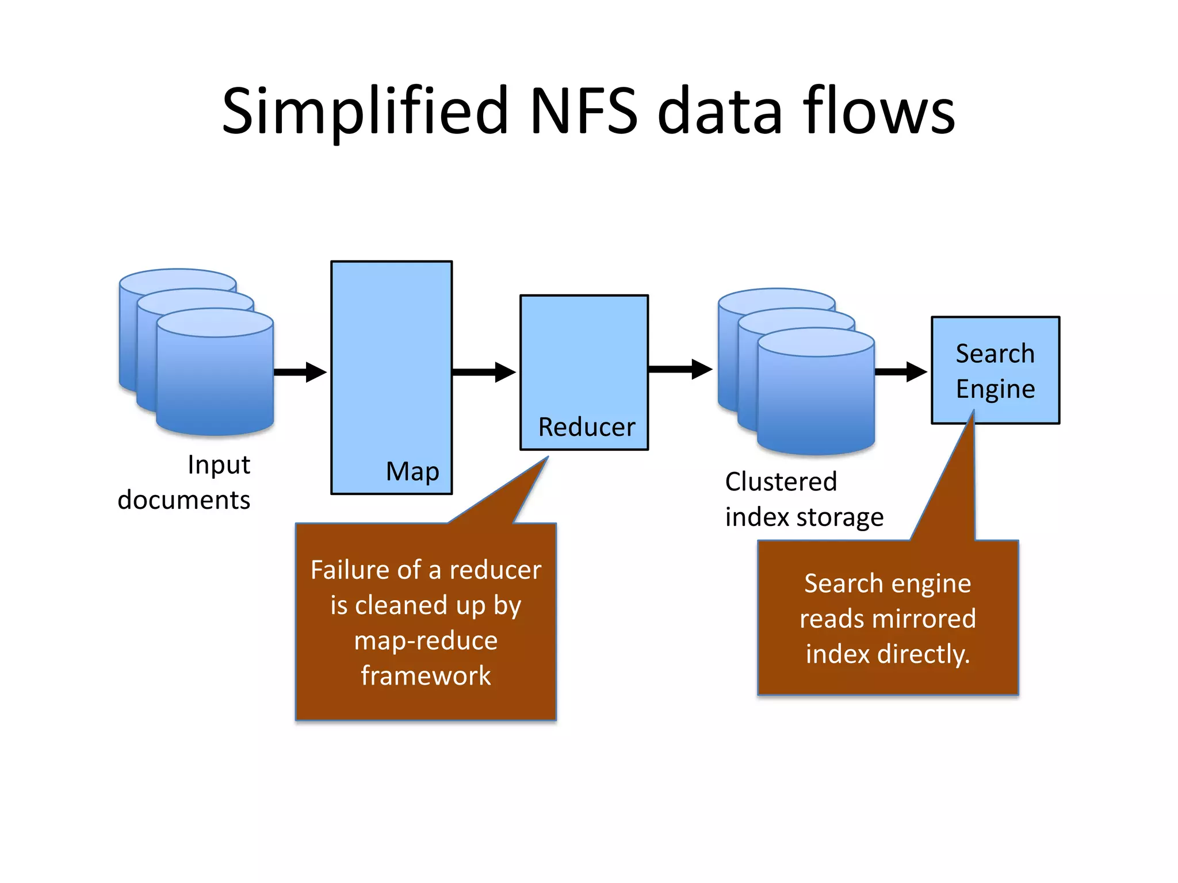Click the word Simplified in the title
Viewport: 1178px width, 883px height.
pos(365,111)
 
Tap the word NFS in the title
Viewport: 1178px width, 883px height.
pos(583,111)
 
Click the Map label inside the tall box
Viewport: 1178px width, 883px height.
pos(412,471)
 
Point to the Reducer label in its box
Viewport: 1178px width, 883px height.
pos(586,427)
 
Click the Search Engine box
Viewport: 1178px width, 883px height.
pos(995,371)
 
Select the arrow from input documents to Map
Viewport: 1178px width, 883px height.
pos(300,372)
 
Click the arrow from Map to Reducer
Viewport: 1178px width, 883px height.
pos(483,372)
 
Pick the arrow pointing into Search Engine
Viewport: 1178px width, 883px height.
pos(900,372)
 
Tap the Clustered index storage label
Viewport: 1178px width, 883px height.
pos(803,499)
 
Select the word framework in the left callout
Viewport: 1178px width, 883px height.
pos(426,675)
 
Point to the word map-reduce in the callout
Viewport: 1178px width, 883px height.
pos(426,640)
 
